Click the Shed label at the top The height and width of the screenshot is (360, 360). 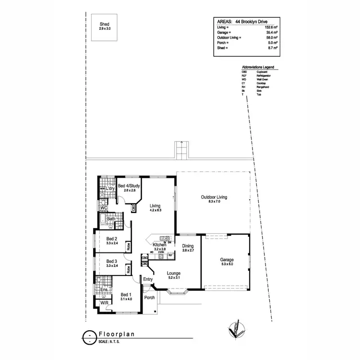coord(105,24)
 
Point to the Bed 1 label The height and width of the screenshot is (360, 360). coord(125,294)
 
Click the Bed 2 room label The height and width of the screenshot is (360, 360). coord(112,239)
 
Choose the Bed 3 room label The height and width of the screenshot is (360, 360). coord(112,261)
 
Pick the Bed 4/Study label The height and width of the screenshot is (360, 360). coord(130,186)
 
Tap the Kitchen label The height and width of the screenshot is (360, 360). coord(160,245)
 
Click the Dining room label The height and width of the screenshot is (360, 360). coord(188,246)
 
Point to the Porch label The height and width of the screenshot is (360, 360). coord(150,298)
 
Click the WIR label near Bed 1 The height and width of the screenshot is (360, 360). coord(104,302)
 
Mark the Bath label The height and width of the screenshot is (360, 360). coord(111,219)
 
